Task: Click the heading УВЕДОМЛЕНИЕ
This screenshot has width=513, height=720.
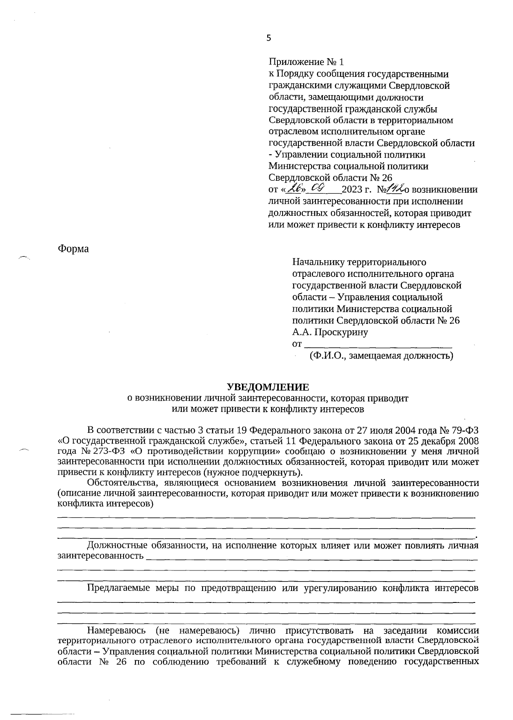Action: [268, 388]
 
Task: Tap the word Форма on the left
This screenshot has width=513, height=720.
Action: [73, 249]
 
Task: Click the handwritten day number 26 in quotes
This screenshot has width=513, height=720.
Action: [295, 188]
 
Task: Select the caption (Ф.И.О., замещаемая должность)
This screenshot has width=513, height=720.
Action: [381, 356]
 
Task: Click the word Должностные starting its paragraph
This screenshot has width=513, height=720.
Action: [115, 546]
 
